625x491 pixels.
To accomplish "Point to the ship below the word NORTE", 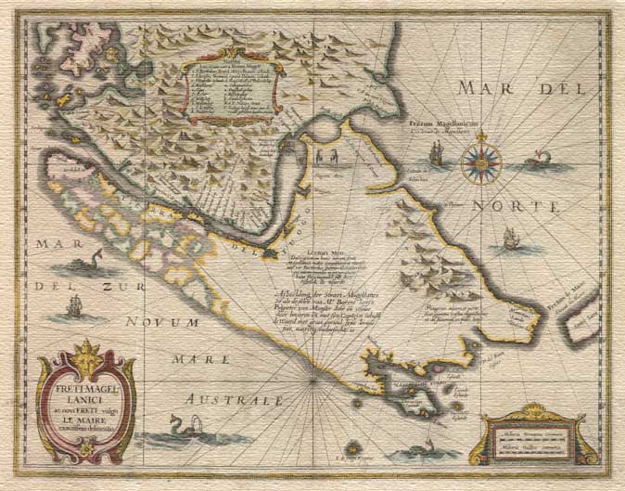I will point(509,240).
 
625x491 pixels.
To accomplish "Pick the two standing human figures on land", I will point(325,155).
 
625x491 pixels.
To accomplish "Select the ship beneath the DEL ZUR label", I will point(75,307).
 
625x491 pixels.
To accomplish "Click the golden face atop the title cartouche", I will point(86,354).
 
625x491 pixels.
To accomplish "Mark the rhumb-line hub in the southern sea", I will point(314,380).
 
